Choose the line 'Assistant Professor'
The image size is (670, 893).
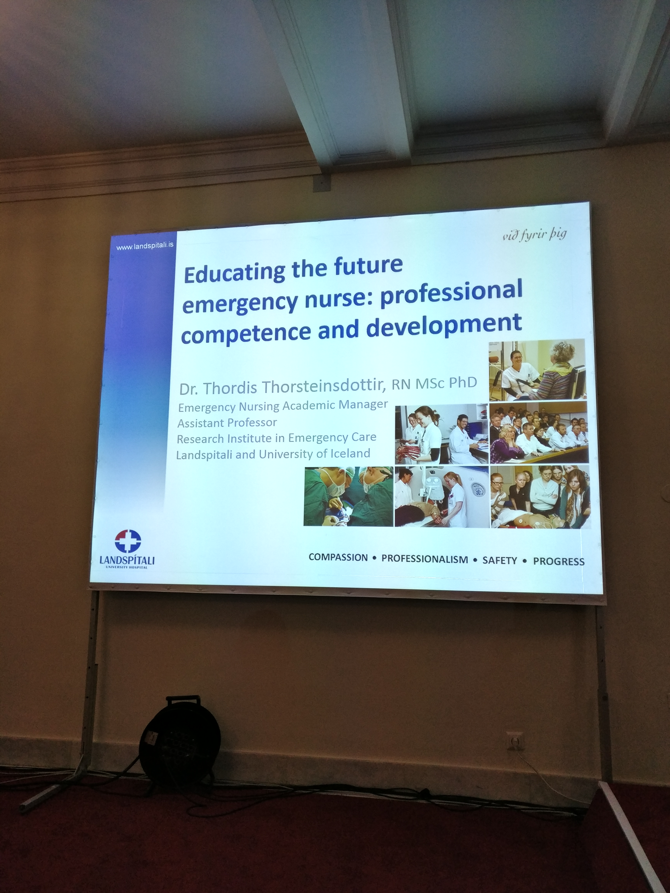pos(227,423)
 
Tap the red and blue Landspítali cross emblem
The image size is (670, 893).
pos(128,541)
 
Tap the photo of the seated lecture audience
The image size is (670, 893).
pos(539,432)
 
